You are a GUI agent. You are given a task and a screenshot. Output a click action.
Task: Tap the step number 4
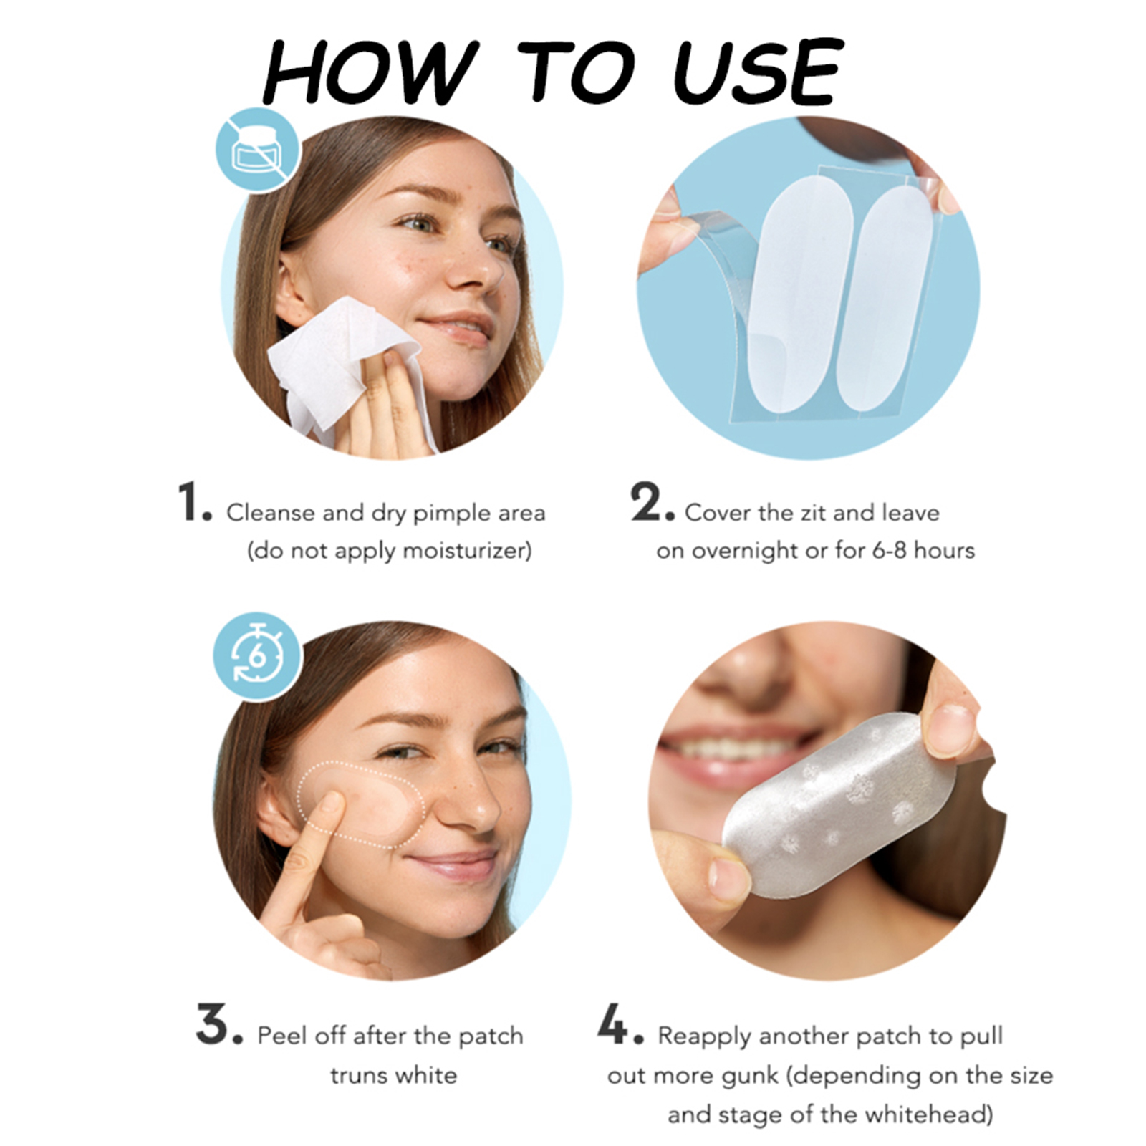point(620,1025)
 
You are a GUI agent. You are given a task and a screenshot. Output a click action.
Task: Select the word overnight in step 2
point(751,552)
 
